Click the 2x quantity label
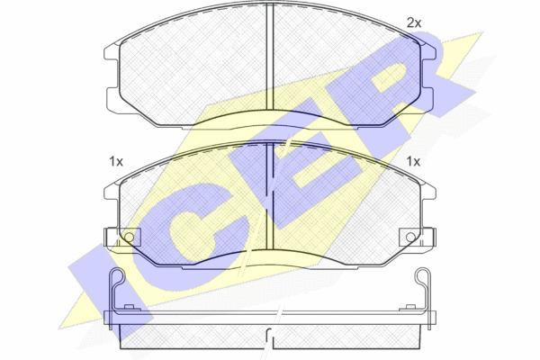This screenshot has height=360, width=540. point(414,23)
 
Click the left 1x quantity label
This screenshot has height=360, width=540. point(116,161)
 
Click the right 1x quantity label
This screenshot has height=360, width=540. point(413,161)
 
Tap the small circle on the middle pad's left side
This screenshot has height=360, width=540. point(129,237)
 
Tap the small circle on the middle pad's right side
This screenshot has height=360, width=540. point(410,237)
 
